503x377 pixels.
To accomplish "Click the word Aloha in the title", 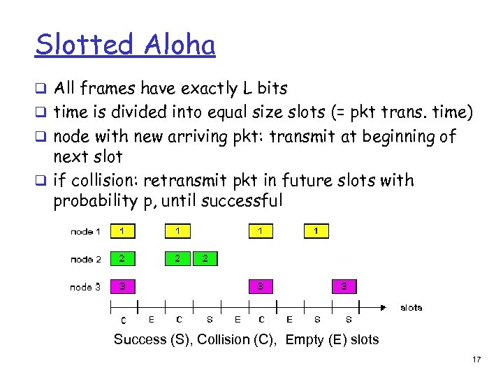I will coord(179,45).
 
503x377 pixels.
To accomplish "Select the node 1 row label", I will coord(85,232).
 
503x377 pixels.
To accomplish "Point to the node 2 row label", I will coord(85,259).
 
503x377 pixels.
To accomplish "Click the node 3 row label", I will coord(85,287).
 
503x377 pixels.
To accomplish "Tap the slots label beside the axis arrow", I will coord(411,307).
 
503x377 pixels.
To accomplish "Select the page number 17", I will coord(476,360).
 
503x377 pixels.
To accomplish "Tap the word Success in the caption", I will coord(140,340).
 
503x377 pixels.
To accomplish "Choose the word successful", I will coord(242,202).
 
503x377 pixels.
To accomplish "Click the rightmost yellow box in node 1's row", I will coord(316,231).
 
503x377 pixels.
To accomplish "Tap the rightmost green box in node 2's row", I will coord(205,258).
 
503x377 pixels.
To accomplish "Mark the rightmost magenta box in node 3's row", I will coord(344,286).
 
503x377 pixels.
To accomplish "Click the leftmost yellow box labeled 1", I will coord(122,231).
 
